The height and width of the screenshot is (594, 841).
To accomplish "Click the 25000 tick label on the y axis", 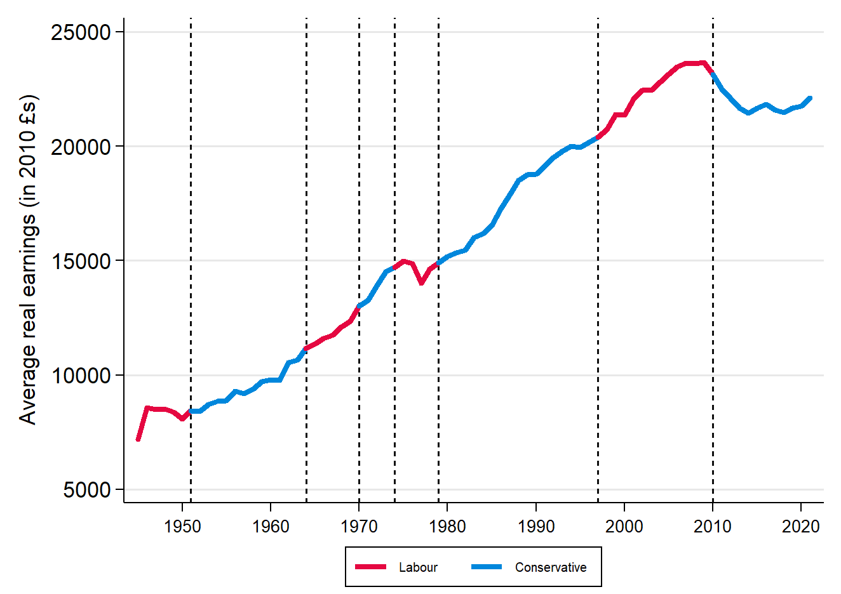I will point(81,32).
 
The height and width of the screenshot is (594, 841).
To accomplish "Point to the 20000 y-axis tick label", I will point(81,147).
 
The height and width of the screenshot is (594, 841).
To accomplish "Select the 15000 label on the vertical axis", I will point(81,261).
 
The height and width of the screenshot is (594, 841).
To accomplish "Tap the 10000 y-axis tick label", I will point(81,376).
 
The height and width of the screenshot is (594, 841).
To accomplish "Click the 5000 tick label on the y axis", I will point(87,490).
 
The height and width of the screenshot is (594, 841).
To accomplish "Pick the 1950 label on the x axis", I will point(182,526).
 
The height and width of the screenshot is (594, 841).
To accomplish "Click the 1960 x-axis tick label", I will point(271,526).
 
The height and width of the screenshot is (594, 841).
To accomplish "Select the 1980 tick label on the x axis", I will point(447,526).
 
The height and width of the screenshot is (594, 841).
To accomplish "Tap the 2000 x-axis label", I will point(624,526).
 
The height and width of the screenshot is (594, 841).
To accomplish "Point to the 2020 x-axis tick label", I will point(801,526).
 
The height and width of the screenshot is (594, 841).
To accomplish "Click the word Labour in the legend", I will point(418,567).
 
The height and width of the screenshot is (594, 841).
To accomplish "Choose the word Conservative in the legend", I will point(551,567).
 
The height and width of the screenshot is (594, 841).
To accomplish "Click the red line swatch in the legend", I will point(370,567).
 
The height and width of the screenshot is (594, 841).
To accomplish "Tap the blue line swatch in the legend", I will point(487,567).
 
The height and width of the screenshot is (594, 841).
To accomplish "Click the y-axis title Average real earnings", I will point(28,260).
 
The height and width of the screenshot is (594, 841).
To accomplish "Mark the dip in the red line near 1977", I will point(421,282).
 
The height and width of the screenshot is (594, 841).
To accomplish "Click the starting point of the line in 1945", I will point(138,439).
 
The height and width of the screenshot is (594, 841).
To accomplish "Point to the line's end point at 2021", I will point(810,98).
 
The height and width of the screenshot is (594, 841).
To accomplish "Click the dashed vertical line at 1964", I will point(307,190).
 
